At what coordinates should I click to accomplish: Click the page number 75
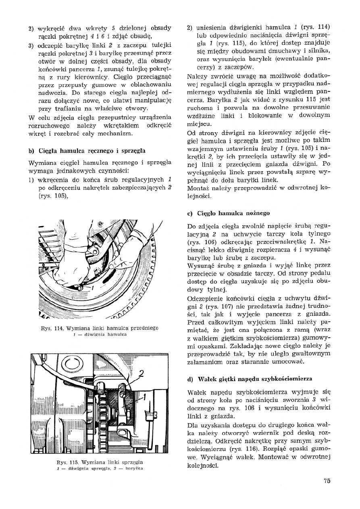[327, 480]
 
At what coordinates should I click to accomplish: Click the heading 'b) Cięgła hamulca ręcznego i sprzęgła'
[87, 151]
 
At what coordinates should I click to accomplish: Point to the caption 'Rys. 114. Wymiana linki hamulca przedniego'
[100, 328]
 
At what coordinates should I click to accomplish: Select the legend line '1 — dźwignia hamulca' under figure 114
[100, 334]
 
